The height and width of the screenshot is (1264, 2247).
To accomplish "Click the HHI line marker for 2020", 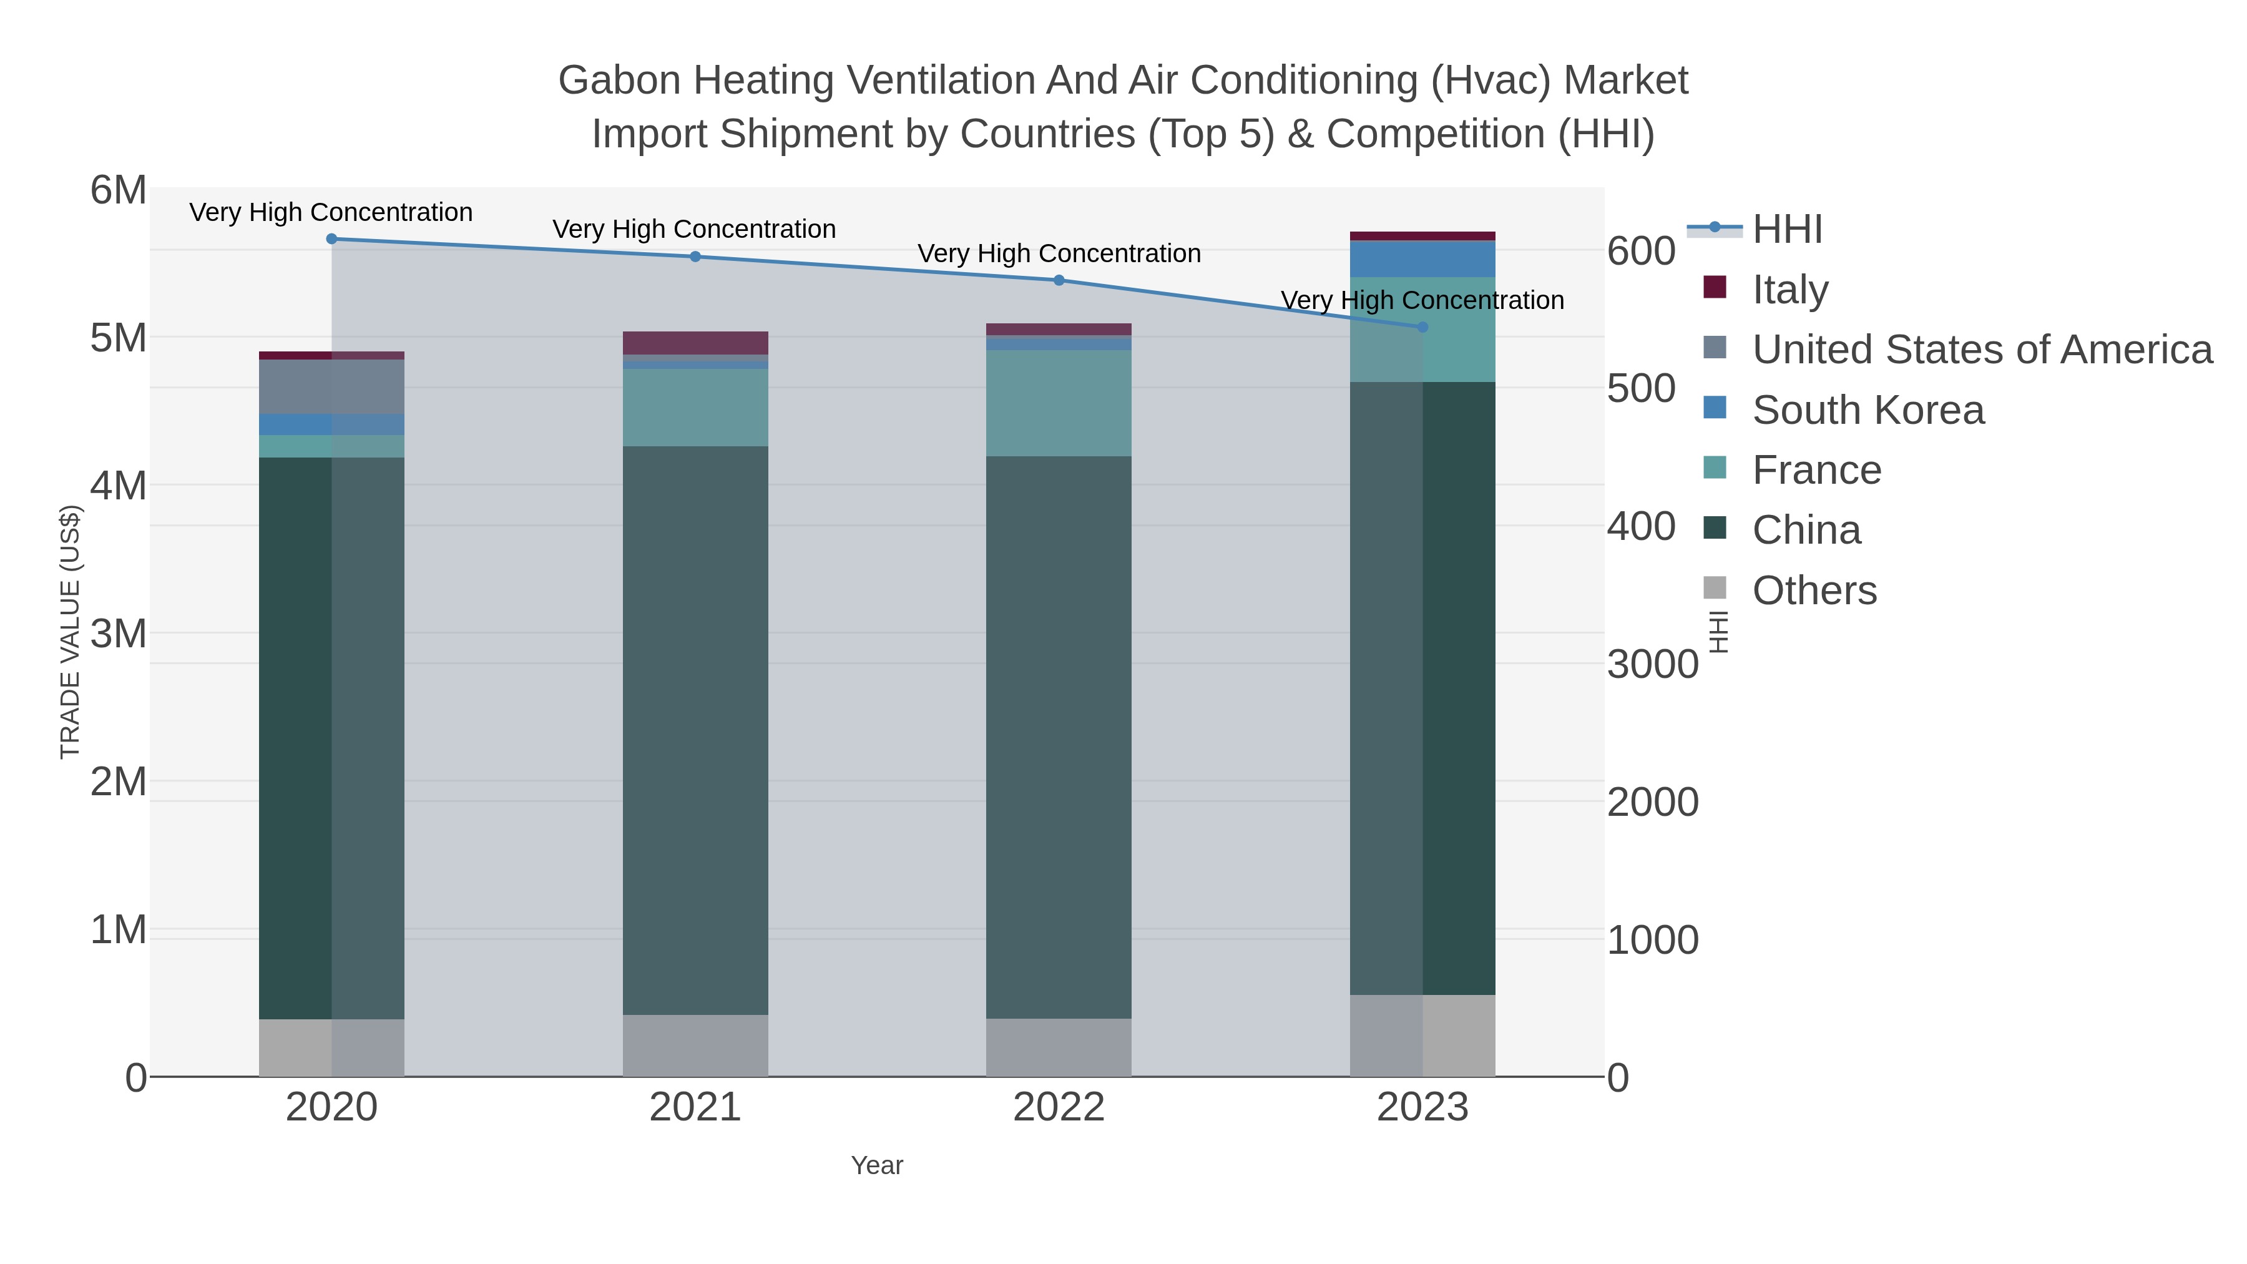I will coord(331,239).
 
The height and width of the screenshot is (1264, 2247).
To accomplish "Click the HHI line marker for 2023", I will coord(1422,327).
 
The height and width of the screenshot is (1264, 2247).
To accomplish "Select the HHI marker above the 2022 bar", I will coord(1059,280).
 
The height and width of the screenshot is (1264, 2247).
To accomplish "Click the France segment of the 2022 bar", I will coord(1059,403).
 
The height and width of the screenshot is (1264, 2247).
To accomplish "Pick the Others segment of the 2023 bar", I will coord(1422,1036).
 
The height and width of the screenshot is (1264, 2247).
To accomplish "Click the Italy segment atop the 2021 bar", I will coord(695,343).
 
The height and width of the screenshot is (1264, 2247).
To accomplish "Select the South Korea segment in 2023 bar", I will coord(1422,259).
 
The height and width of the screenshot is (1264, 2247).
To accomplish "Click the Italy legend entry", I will coord(1790,289).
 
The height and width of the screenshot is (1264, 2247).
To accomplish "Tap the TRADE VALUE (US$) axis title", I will coord(70,632).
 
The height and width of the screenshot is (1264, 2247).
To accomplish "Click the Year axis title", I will coord(877,1165).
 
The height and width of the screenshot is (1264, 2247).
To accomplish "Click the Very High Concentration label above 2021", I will coord(694,230).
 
